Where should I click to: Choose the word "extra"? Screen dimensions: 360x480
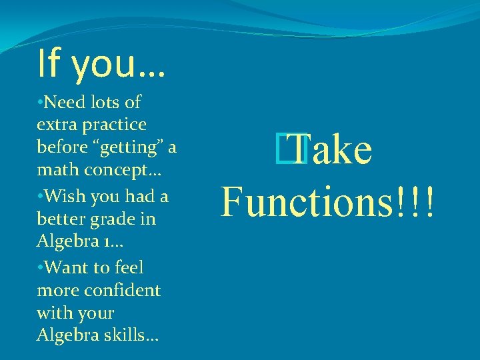click(x=53, y=125)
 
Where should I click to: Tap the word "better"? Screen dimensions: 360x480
click(x=58, y=219)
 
